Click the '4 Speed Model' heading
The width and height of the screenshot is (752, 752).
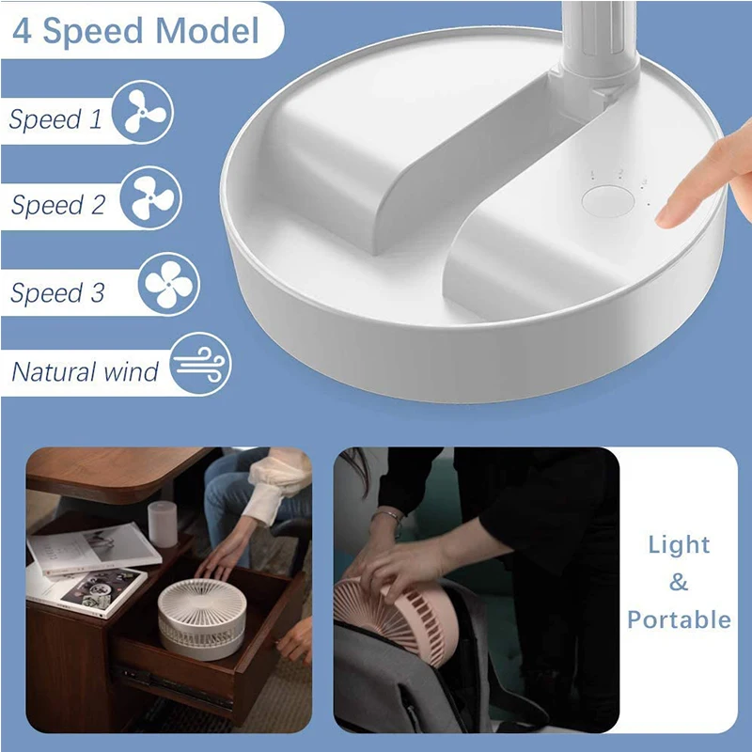[x=135, y=31]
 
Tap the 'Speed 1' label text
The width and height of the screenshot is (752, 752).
[x=55, y=119]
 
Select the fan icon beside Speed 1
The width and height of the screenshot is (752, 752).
[x=143, y=112]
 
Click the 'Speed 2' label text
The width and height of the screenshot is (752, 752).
[x=57, y=205]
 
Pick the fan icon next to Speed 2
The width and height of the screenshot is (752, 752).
[x=150, y=197]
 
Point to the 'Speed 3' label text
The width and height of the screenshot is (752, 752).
[x=57, y=292]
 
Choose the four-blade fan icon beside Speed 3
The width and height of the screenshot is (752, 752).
[x=169, y=284]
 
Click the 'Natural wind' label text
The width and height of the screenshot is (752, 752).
[x=85, y=371]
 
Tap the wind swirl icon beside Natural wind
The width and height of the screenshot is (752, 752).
[x=200, y=364]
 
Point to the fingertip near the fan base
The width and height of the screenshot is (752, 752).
[x=666, y=217]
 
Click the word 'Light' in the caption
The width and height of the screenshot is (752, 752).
[x=679, y=545]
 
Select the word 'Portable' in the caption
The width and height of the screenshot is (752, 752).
[x=679, y=619]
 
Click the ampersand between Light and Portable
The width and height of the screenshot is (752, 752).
[x=679, y=582]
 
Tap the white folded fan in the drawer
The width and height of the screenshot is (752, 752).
[x=202, y=619]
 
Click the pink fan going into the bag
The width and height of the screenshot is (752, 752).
[x=397, y=619]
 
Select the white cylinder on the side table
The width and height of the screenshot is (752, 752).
[x=162, y=525]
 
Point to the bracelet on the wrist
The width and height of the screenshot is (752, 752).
[x=388, y=519]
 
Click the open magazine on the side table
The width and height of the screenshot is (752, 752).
[x=94, y=549]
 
